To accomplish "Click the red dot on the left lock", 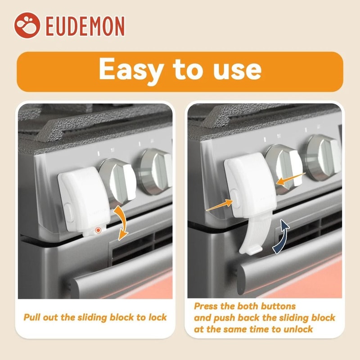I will pyautogui.click(x=97, y=230).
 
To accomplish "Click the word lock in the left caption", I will pyautogui.click(x=157, y=317).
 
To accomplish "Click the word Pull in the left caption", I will pyautogui.click(x=33, y=317).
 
